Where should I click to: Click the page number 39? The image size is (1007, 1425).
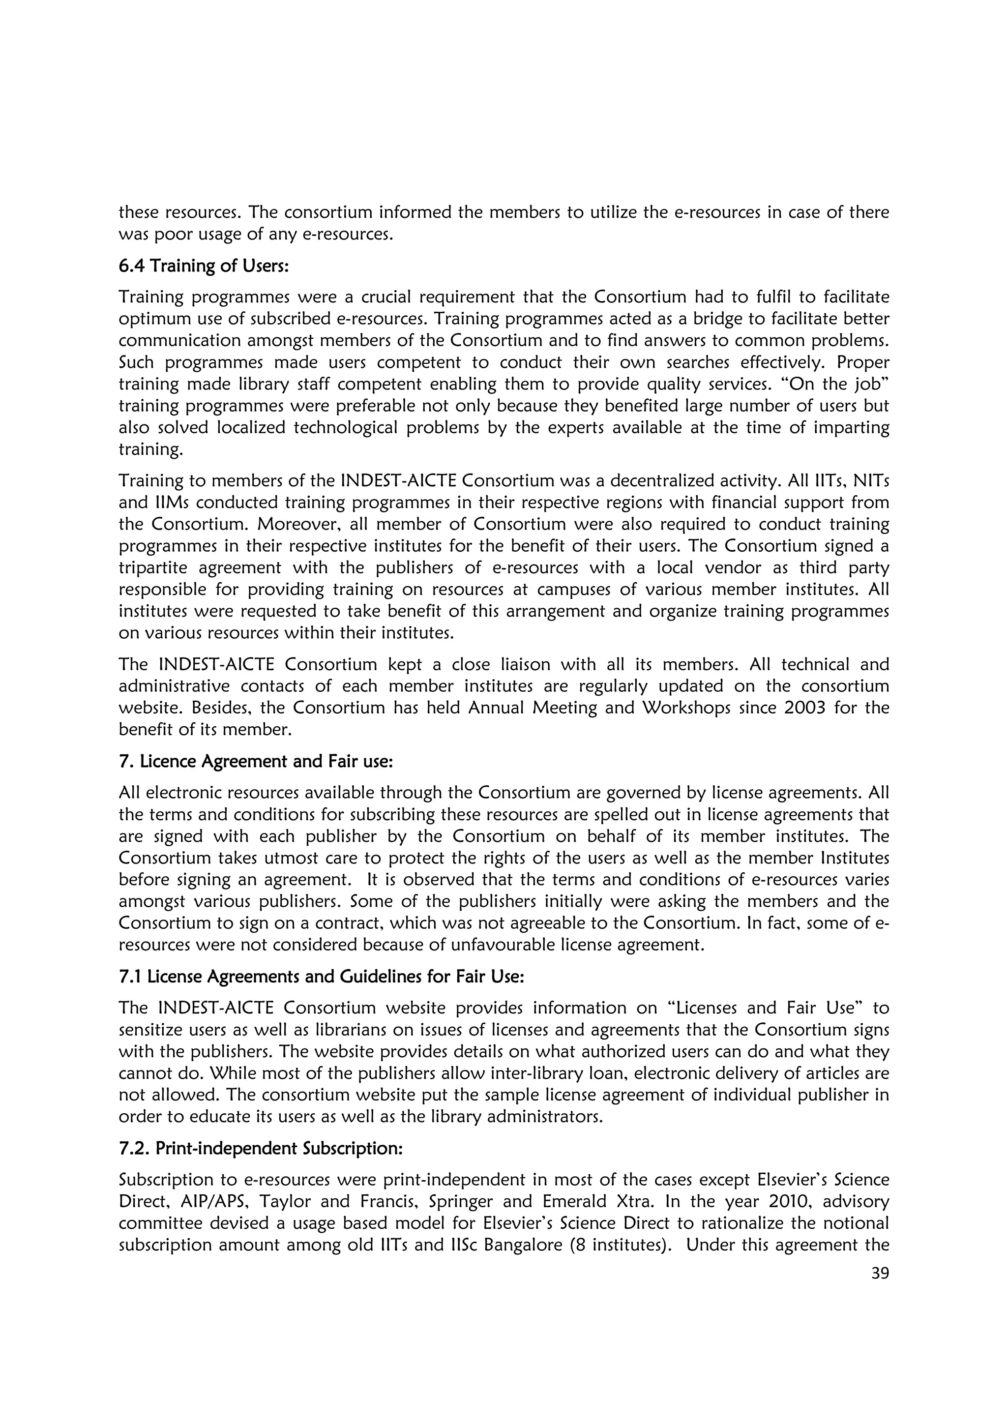click(879, 1273)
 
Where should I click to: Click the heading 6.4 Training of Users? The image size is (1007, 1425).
click(204, 266)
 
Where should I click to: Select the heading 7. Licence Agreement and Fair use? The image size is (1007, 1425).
click(256, 761)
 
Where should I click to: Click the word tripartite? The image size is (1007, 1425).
click(152, 568)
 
